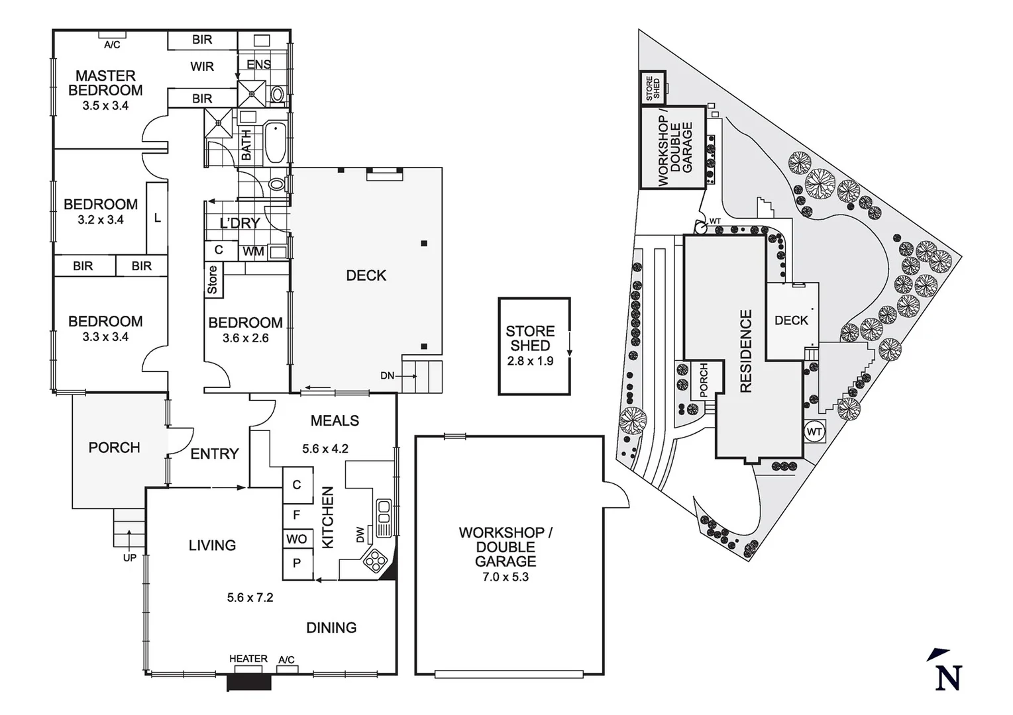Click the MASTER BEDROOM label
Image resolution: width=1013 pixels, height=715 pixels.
coord(105,83)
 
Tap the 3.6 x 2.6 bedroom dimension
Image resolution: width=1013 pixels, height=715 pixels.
coord(246,338)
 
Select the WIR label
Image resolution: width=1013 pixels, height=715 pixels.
coord(202,67)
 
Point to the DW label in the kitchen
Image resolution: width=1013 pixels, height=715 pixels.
coord(360,534)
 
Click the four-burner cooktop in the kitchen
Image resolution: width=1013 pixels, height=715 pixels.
coord(376,561)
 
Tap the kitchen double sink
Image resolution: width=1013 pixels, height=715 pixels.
coord(384,518)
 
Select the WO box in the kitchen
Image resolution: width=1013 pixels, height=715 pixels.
coord(297,539)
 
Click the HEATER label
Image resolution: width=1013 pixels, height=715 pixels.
coord(248,659)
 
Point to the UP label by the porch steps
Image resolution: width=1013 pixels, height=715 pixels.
coord(130,558)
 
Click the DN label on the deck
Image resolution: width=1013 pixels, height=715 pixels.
coord(388,376)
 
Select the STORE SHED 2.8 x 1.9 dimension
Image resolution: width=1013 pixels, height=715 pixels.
coord(530,361)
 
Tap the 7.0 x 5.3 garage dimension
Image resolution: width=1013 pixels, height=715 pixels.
coord(506,577)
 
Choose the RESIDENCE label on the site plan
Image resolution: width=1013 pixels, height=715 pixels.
coord(746,352)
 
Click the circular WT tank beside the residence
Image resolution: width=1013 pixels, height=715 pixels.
coord(814,432)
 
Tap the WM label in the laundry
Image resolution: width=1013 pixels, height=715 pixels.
coord(252,252)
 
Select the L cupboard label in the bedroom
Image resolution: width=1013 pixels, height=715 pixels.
coord(157,218)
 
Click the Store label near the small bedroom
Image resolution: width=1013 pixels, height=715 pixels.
coord(213,279)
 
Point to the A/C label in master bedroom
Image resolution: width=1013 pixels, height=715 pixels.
coord(112,45)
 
